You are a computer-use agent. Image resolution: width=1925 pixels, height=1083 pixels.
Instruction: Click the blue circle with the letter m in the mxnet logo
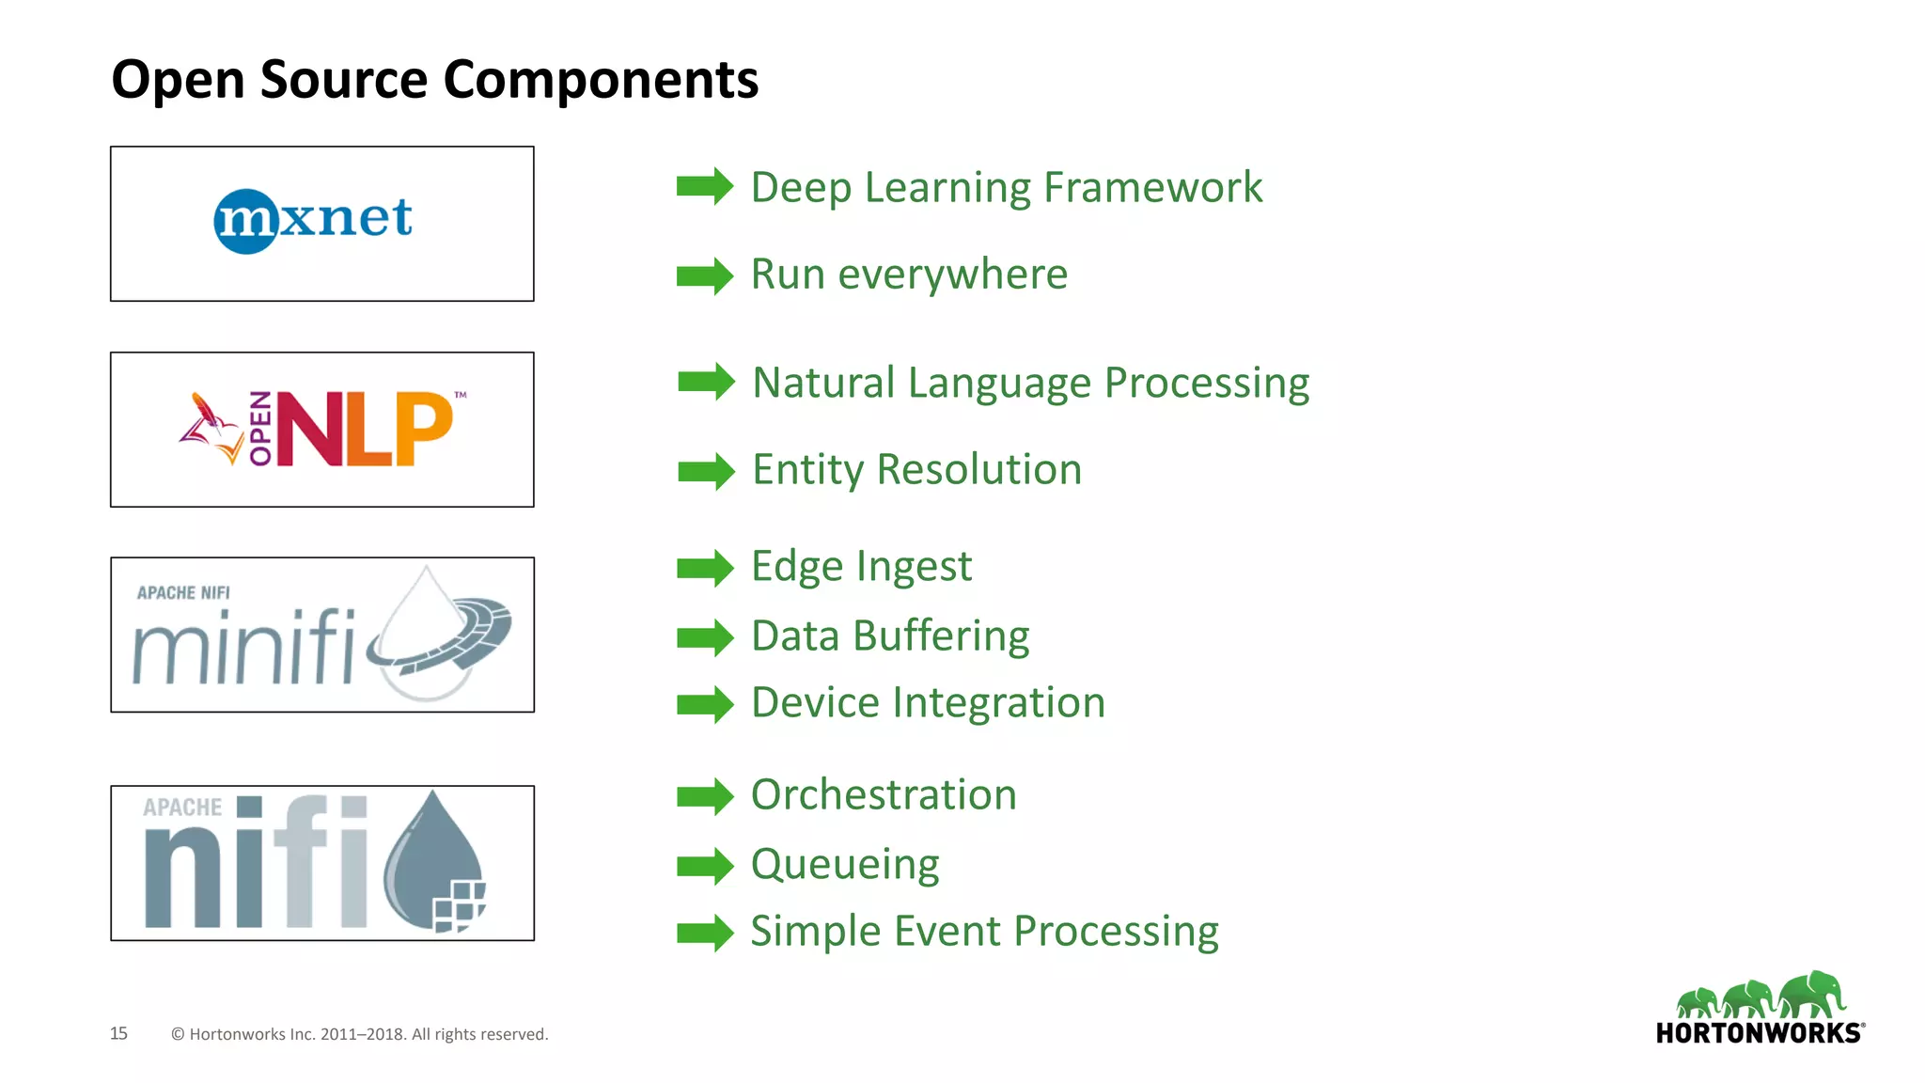(x=245, y=222)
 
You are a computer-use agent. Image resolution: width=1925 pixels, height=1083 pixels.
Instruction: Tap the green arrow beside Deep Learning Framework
(x=704, y=186)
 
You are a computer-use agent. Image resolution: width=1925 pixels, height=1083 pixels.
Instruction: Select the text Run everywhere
(x=908, y=275)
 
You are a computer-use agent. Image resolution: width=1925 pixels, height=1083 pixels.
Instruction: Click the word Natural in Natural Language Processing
(x=823, y=383)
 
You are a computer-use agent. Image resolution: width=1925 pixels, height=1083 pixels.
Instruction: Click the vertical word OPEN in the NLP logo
(x=259, y=429)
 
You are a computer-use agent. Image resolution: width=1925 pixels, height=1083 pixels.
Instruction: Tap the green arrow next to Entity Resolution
(x=706, y=471)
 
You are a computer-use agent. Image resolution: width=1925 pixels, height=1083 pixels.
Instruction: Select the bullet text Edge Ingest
(x=860, y=567)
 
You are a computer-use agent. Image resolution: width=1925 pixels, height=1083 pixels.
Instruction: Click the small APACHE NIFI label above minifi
(x=183, y=593)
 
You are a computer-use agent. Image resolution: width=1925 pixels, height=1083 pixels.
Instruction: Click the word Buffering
(x=941, y=636)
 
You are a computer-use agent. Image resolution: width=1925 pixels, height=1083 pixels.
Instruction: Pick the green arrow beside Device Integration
(x=704, y=704)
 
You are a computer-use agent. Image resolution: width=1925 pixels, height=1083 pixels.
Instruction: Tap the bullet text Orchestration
(x=883, y=795)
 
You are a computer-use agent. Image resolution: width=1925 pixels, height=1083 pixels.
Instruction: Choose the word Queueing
(x=844, y=865)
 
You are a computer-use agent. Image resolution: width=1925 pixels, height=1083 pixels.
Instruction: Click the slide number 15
(x=118, y=1033)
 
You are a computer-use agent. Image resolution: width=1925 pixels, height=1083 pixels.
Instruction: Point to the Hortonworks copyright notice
(x=359, y=1034)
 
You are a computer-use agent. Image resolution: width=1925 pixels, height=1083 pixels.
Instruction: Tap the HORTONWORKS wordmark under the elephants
(x=1759, y=1033)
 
